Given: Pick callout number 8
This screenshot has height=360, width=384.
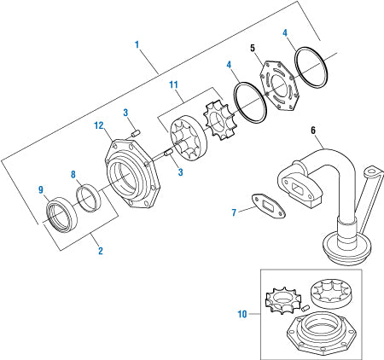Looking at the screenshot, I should pyautogui.click(x=74, y=174).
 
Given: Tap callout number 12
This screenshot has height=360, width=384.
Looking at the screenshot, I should pyautogui.click(x=98, y=125).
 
